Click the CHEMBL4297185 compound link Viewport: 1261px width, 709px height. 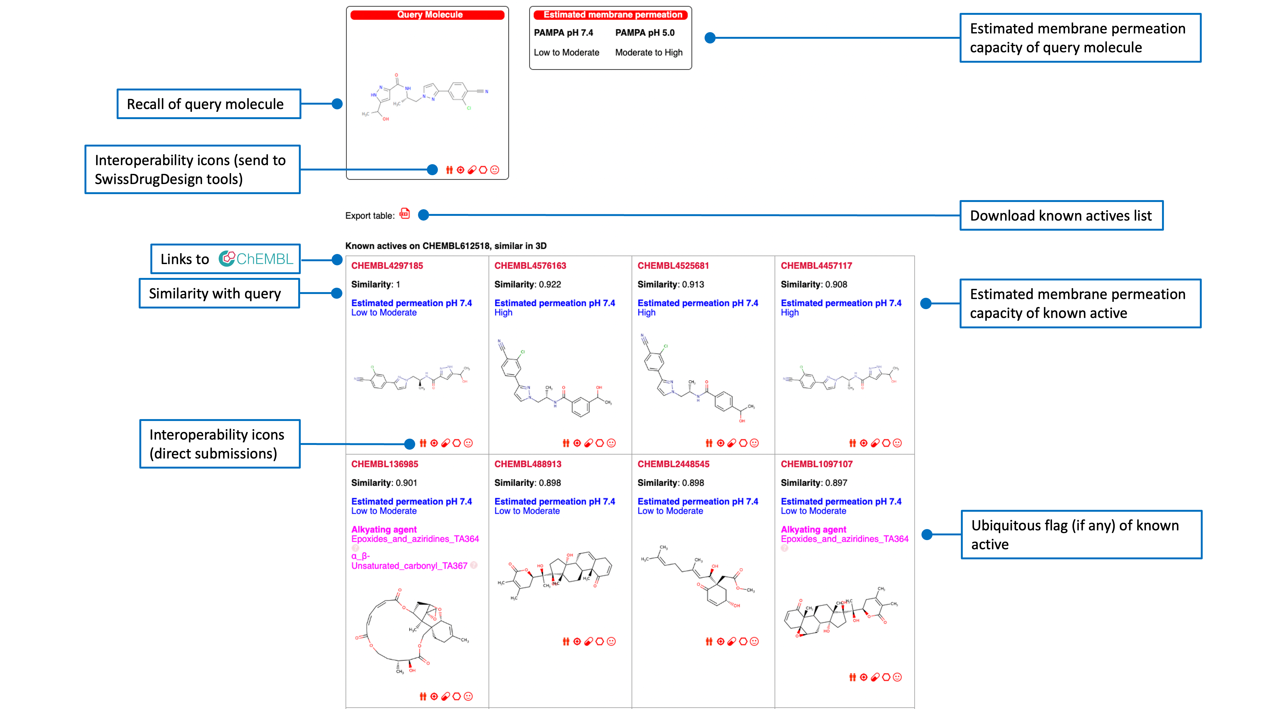[387, 266]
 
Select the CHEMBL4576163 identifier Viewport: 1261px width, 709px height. [530, 266]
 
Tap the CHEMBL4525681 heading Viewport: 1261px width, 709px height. [673, 266]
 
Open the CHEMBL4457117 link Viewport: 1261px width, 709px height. [816, 266]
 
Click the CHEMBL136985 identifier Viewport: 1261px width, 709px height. [384, 464]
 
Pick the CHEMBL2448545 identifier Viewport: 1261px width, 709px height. [673, 464]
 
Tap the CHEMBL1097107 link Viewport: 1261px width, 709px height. [816, 464]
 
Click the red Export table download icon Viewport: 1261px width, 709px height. [404, 214]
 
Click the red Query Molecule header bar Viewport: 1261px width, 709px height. [427, 15]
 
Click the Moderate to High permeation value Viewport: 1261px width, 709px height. [648, 52]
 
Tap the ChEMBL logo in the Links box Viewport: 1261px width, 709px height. [256, 259]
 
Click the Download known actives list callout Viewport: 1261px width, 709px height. [1061, 215]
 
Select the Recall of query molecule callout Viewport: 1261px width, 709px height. [208, 104]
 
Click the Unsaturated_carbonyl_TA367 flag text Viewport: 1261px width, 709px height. [409, 566]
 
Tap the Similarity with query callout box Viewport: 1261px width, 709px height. [219, 293]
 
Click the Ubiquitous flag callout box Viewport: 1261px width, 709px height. [1081, 534]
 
